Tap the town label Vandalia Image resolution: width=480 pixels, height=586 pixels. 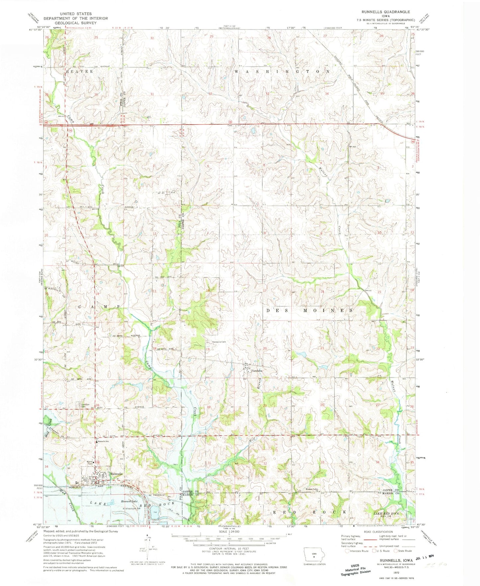pos(256,370)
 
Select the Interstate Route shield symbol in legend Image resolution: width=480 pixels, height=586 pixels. pos(347,551)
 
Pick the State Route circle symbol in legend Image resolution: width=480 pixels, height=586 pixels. pos(395,551)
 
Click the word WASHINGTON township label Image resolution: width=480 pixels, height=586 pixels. pos(282,71)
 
